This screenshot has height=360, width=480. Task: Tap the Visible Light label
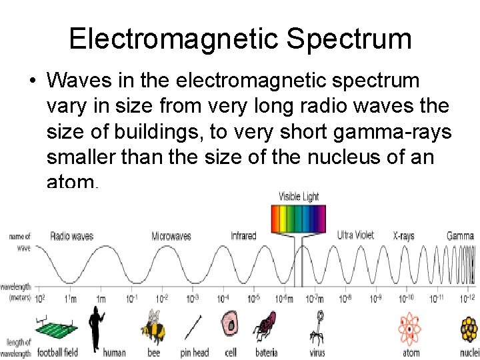[x=299, y=197]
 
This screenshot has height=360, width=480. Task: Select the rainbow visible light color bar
[x=297, y=219]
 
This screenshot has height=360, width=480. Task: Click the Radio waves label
[x=71, y=236]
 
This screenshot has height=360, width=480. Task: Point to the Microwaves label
[x=171, y=237]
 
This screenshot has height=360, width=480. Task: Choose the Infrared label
[x=243, y=236]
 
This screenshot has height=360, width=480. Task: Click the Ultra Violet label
[x=355, y=235]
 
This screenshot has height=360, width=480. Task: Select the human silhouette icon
[x=97, y=327]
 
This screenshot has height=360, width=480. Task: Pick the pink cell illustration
[x=230, y=325]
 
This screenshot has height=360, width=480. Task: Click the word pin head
[x=195, y=353]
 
